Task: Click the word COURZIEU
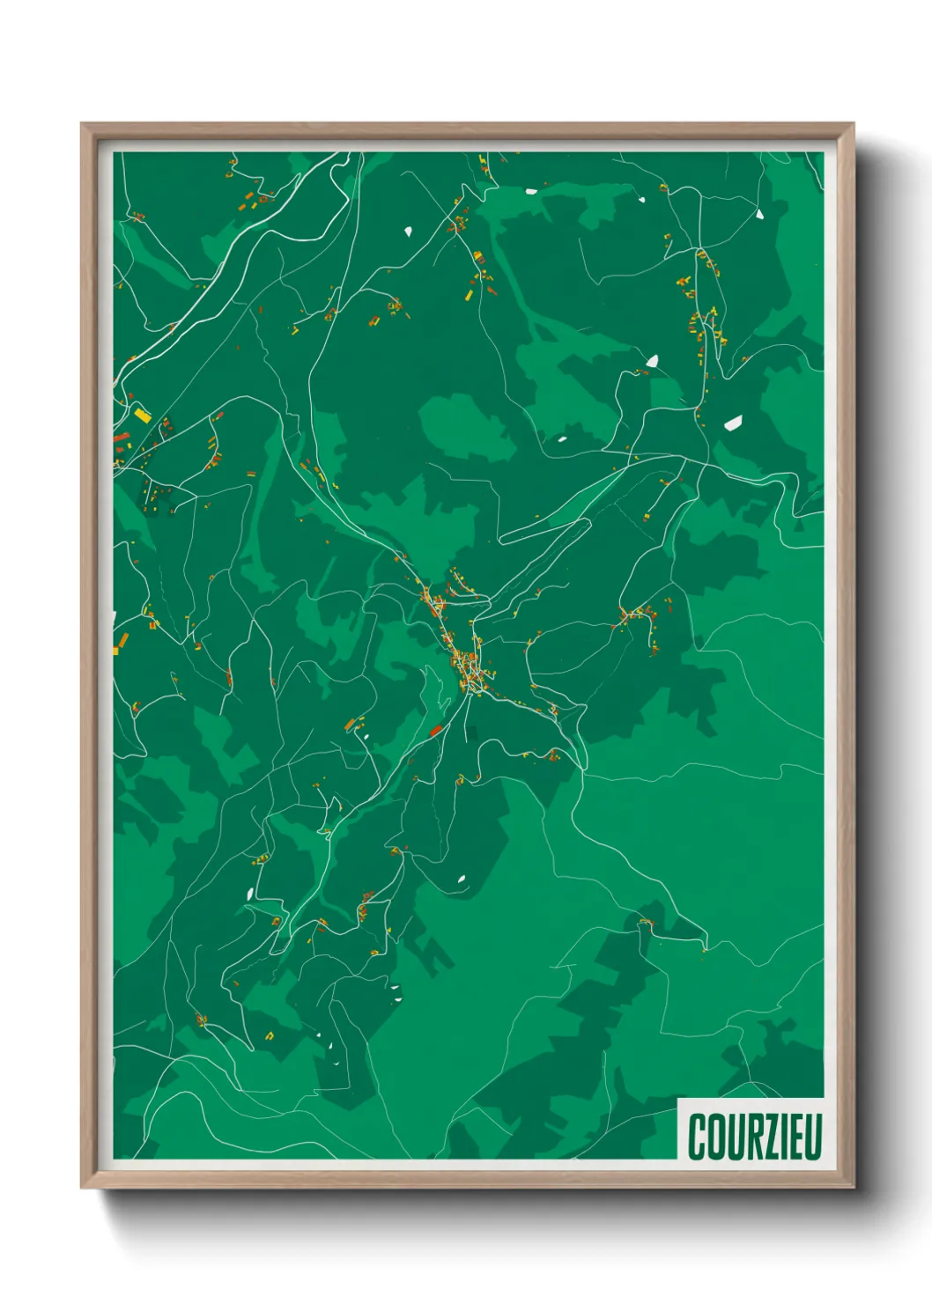coord(755,1136)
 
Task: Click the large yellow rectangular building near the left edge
coord(142,413)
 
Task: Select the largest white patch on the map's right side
coord(733,423)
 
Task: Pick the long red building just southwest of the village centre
coord(435,730)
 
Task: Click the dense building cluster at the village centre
coord(467,666)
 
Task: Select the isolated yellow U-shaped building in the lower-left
coord(270,1035)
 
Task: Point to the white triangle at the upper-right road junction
coord(759,213)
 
